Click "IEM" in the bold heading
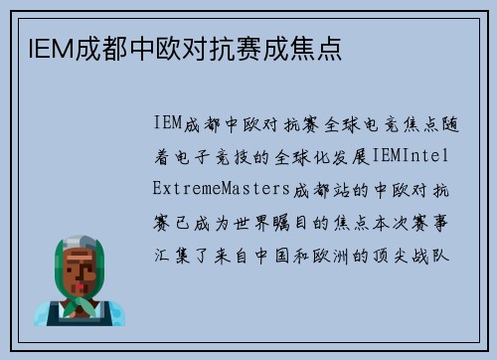(x=41, y=48)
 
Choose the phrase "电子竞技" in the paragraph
(x=228, y=157)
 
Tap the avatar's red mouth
(x=82, y=279)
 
